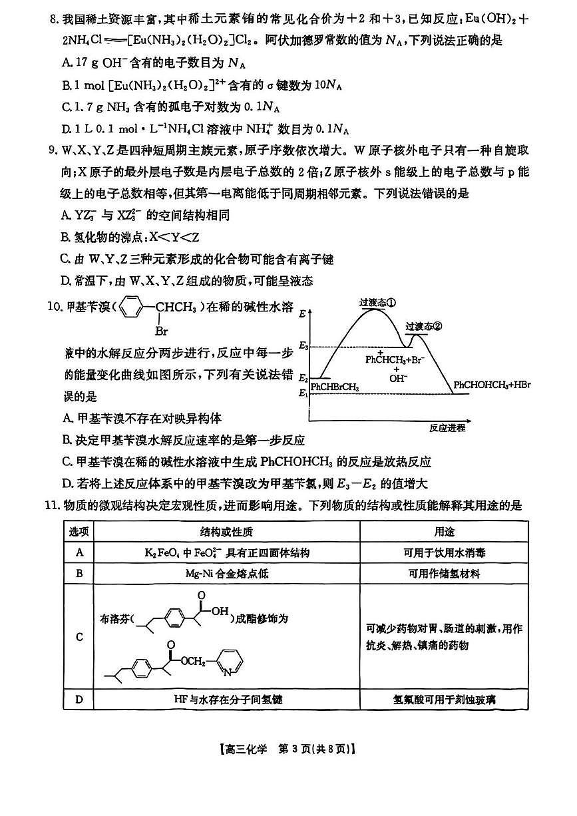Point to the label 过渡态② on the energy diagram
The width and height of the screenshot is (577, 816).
424,326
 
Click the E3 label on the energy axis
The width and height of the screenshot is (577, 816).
303,346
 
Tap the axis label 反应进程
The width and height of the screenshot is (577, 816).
447,427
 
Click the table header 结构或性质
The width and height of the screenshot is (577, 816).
226,532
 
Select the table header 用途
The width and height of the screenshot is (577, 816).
444,532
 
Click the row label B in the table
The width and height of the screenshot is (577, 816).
79,573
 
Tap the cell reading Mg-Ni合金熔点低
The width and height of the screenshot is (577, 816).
226,573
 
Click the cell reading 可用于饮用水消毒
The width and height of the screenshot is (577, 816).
444,553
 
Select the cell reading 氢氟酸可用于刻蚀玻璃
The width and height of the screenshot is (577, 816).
444,700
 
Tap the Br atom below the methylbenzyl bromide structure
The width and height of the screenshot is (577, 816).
160,331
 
